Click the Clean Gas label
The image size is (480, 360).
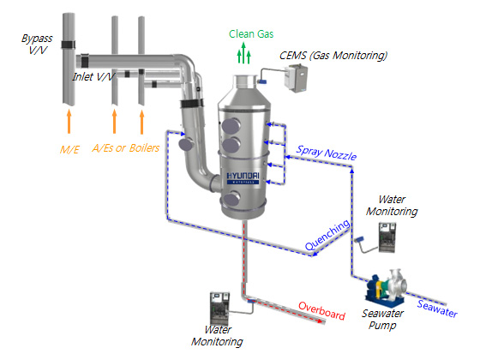tap(251, 34)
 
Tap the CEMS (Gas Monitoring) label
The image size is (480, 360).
tap(333, 56)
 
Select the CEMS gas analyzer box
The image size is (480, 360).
tap(296, 78)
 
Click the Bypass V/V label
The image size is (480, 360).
tap(37, 44)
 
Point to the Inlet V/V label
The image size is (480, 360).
tap(93, 77)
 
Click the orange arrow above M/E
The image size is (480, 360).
tap(69, 121)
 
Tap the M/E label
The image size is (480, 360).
tap(69, 150)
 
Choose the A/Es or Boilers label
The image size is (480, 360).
tap(126, 148)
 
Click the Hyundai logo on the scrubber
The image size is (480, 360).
tap(243, 178)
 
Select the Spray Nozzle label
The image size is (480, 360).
tap(327, 153)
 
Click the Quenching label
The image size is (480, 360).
tap(327, 235)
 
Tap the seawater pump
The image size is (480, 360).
tap(387, 287)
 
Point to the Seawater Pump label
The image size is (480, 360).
tap(382, 319)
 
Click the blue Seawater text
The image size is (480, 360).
tap(437, 309)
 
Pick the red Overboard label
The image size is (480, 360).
tap(321, 310)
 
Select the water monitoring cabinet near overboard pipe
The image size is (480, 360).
tap(219, 309)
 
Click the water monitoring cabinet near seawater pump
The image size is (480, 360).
tap(387, 237)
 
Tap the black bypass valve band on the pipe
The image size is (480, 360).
tap(68, 45)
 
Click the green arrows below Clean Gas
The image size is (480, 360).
tap(244, 53)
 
